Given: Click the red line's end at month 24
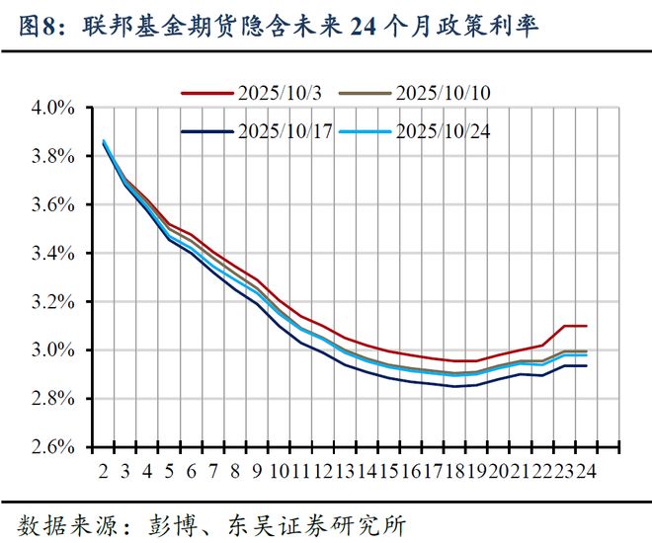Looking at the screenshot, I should click(x=588, y=326).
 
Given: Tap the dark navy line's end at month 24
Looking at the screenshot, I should click(x=588, y=365).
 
